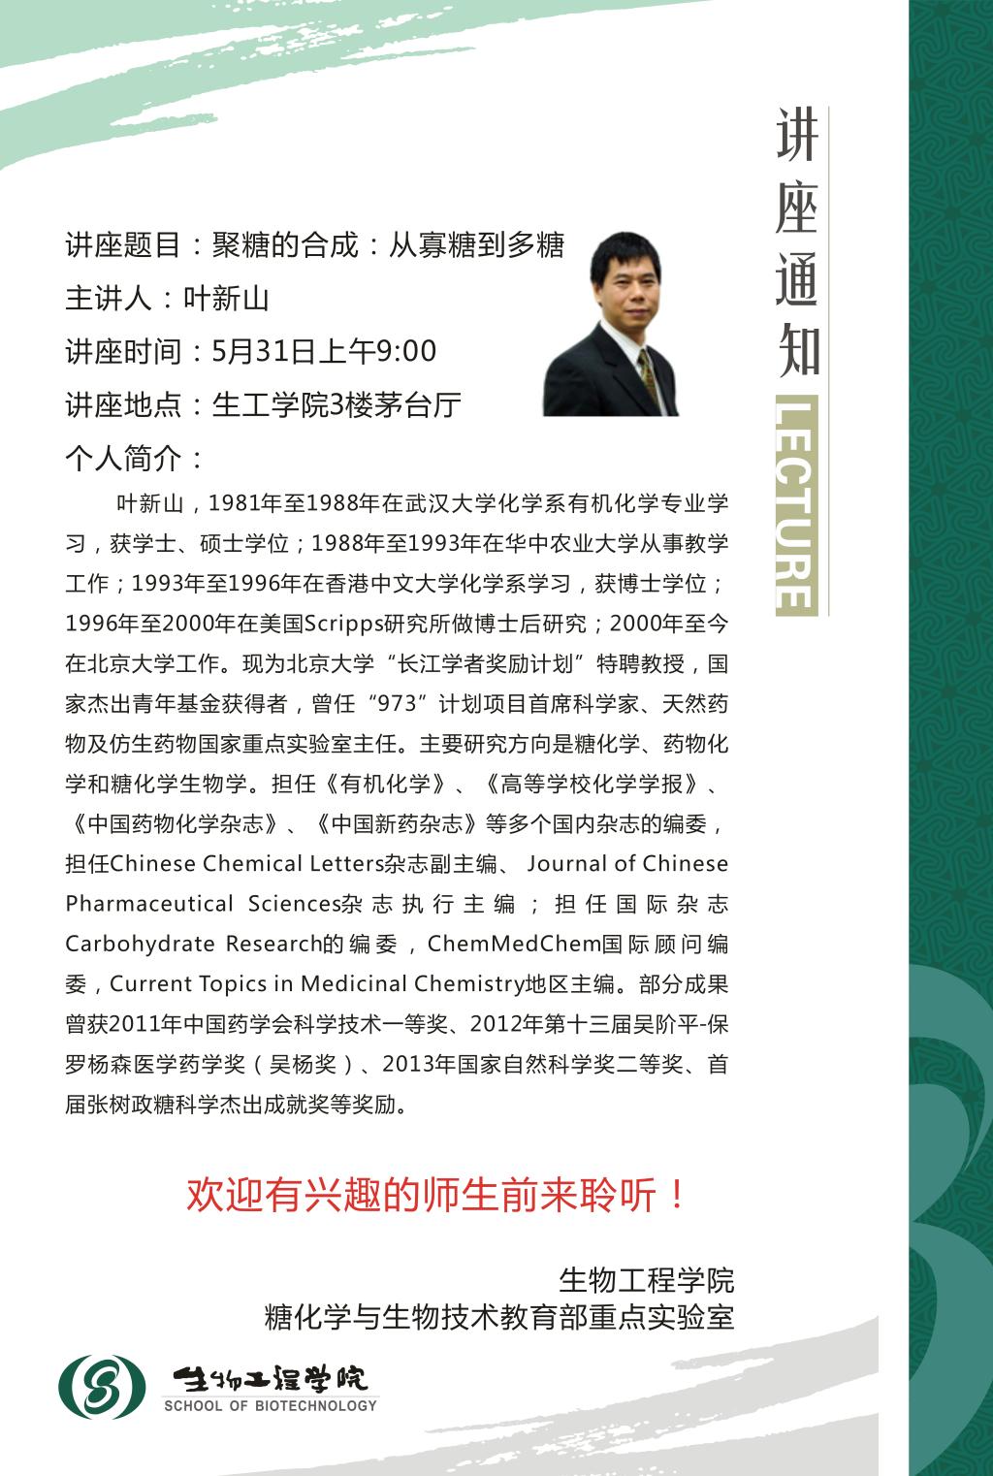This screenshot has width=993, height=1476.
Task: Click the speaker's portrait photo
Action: (x=611, y=324)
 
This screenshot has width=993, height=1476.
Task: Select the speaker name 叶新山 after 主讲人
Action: (x=226, y=298)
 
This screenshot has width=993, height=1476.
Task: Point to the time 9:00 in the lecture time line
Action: (x=405, y=351)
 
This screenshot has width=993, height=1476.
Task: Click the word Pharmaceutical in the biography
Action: (x=149, y=904)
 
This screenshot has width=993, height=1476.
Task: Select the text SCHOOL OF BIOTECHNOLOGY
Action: (x=270, y=1406)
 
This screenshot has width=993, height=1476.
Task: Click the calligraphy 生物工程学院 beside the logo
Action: (x=270, y=1378)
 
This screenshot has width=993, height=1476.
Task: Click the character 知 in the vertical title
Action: (x=797, y=351)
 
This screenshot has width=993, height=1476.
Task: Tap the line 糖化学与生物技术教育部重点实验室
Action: (x=499, y=1318)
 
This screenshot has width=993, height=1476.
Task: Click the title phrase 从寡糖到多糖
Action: (x=476, y=245)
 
